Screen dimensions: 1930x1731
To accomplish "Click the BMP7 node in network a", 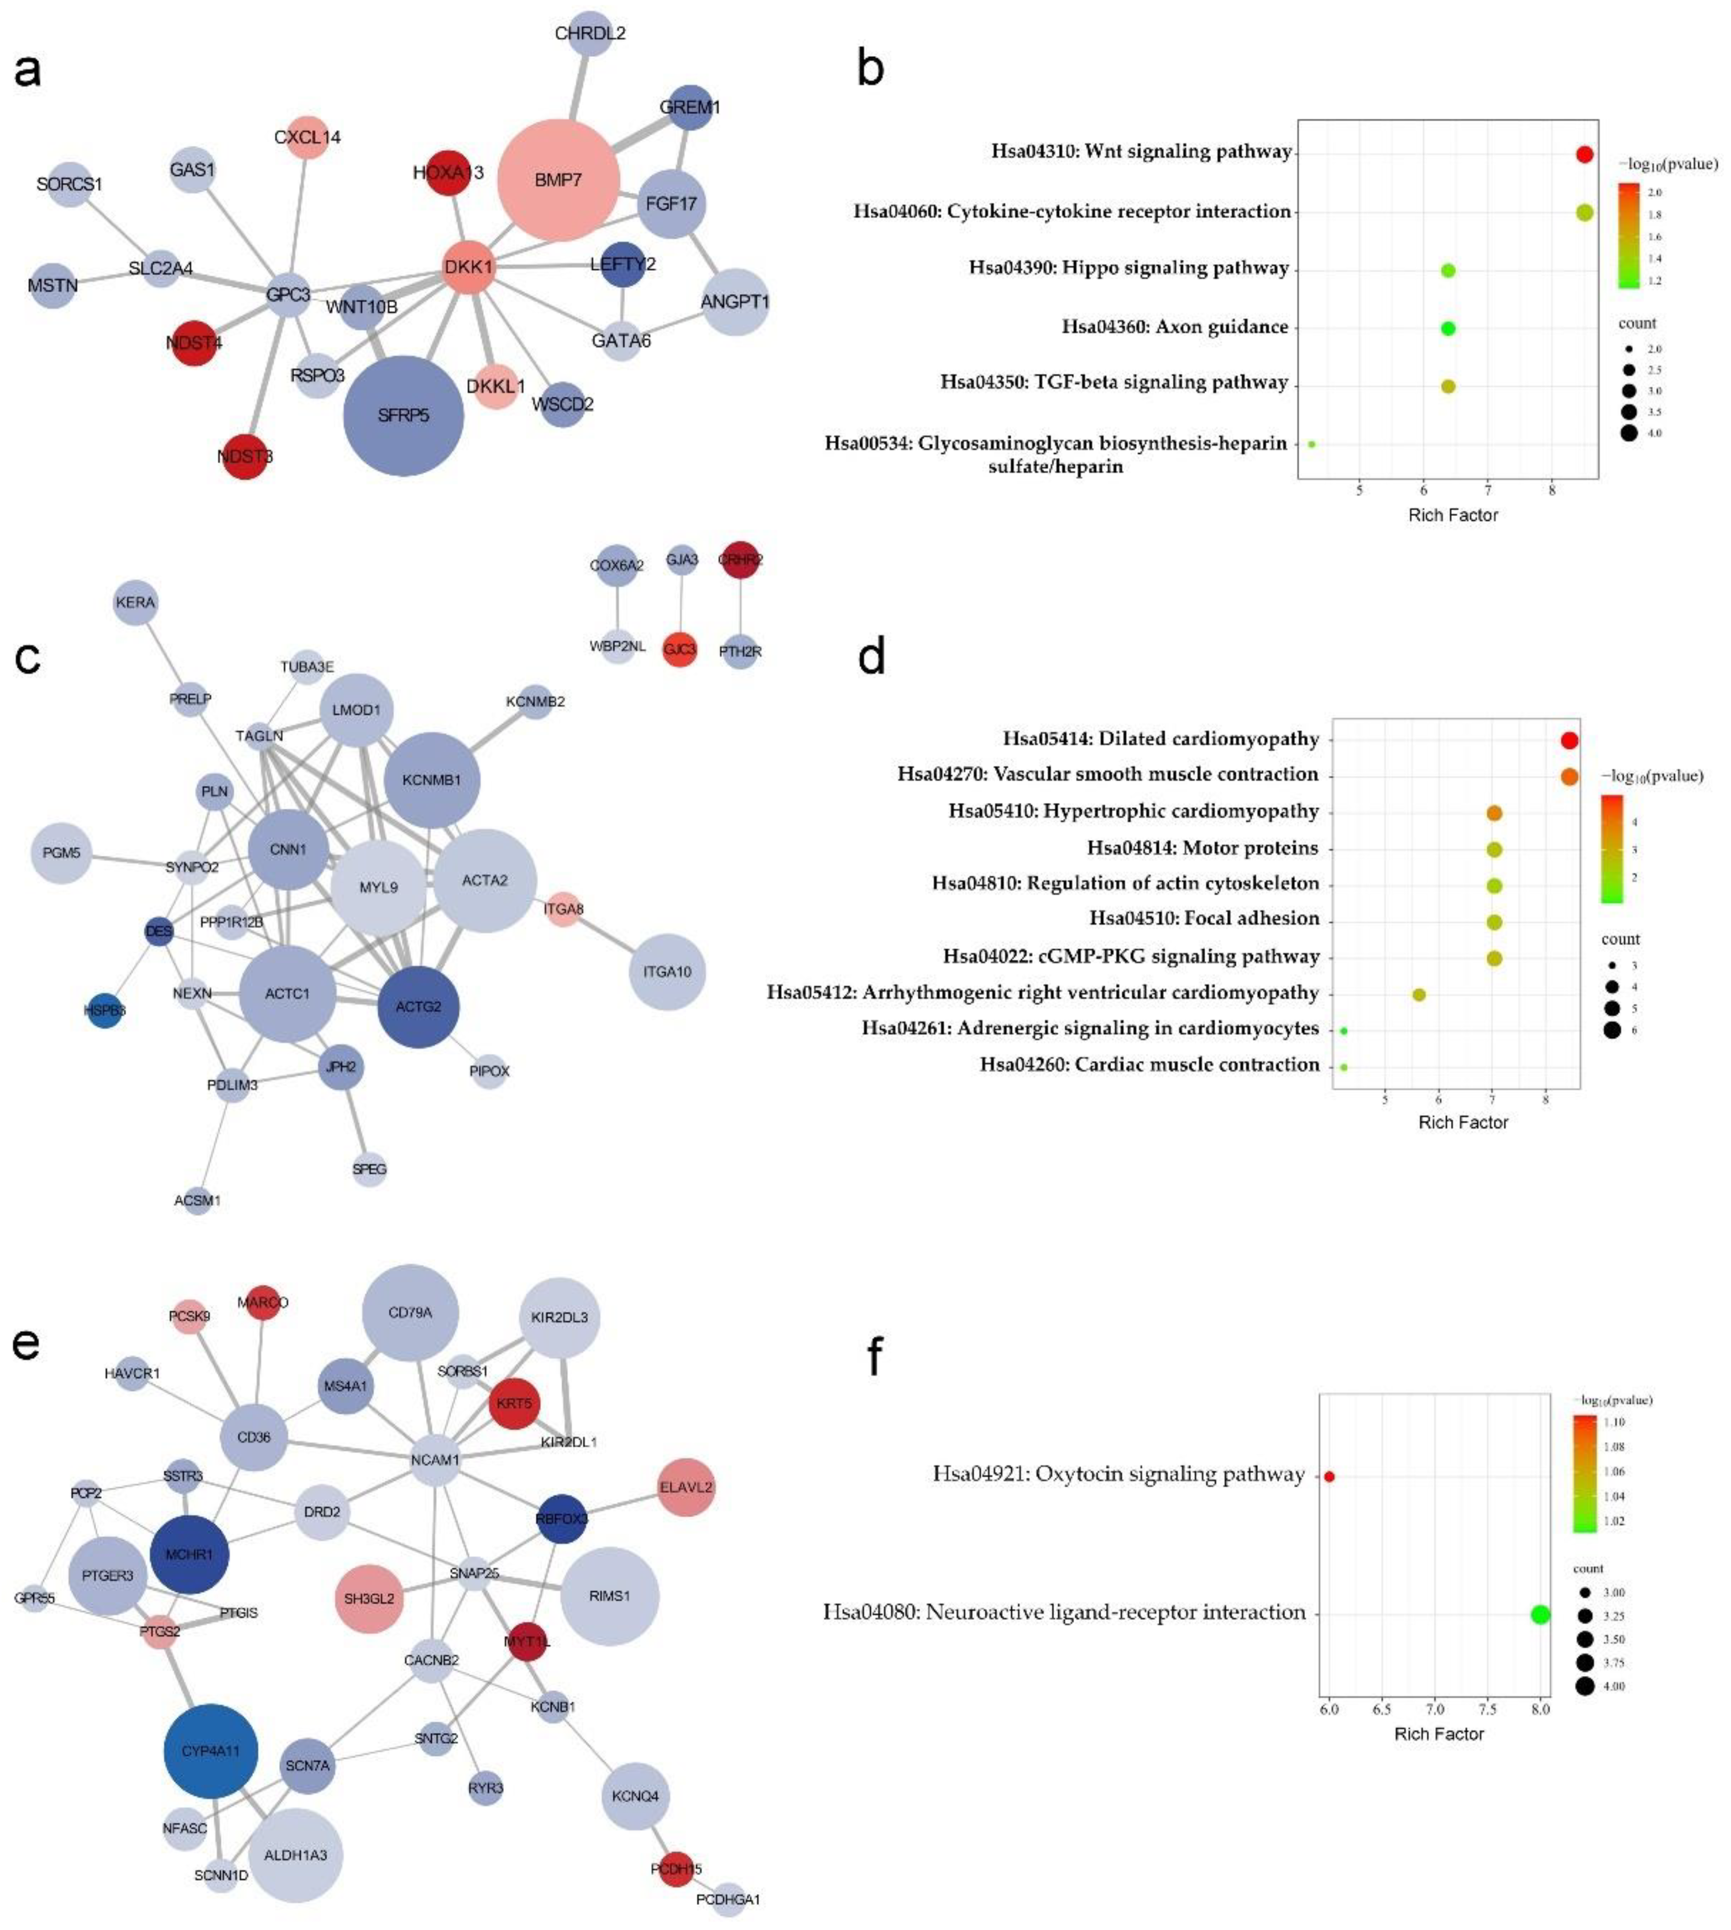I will pyautogui.click(x=558, y=180).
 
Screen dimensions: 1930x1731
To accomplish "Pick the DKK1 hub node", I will pyautogui.click(x=468, y=267).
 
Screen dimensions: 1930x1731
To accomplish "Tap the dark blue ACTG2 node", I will pyautogui.click(x=419, y=1006).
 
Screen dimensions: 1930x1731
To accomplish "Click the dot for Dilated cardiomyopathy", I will pyautogui.click(x=1570, y=741).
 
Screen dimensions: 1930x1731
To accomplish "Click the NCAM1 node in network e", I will pyautogui.click(x=435, y=1459).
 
